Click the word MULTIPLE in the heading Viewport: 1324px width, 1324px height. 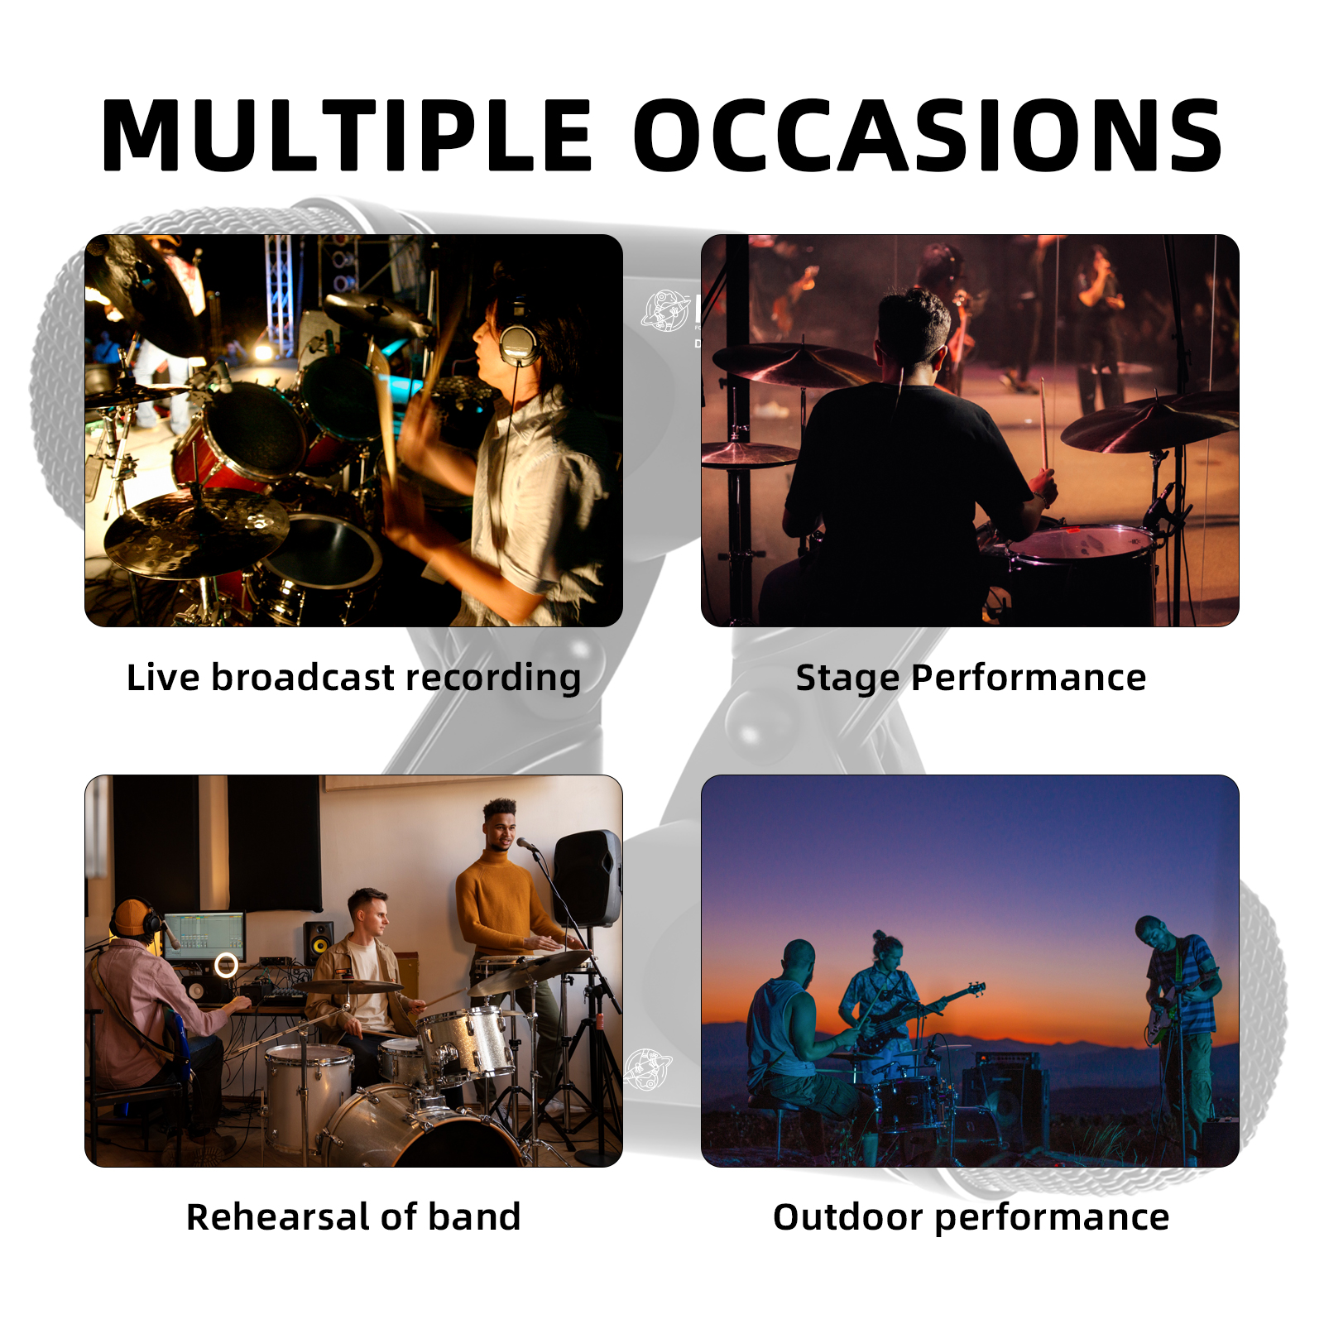coord(347,135)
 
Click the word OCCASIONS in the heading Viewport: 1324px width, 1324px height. coord(928,135)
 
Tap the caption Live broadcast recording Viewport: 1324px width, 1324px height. coord(353,678)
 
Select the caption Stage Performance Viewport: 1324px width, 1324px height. coord(971,678)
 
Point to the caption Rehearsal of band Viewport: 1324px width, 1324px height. coord(353,1217)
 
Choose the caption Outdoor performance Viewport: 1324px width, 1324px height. coord(971,1217)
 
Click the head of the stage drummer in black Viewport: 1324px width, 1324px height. coord(912,332)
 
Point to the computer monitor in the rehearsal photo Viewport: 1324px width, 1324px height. coord(204,936)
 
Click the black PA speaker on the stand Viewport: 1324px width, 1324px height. coord(588,878)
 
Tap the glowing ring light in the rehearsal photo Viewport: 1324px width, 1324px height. coord(226,965)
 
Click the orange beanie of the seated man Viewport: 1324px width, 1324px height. coord(132,917)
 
